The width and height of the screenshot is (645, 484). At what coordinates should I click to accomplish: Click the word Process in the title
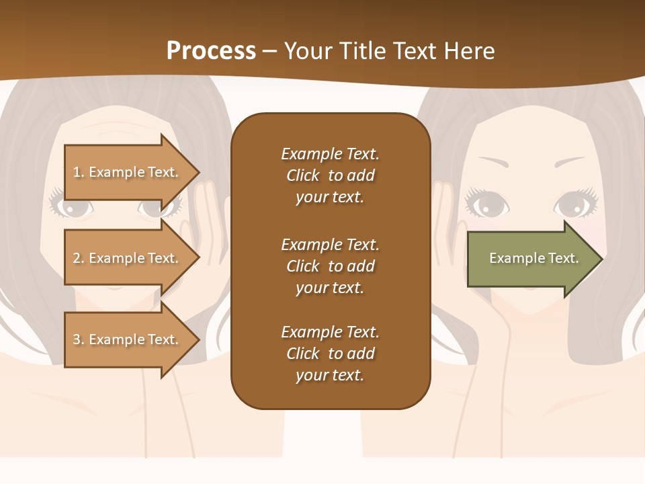(x=211, y=51)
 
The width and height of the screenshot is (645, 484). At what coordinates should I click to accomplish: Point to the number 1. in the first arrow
(x=79, y=172)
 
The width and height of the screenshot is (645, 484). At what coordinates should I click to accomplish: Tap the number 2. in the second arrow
(x=79, y=258)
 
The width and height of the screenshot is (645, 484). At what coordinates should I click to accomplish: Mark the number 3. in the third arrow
(x=79, y=339)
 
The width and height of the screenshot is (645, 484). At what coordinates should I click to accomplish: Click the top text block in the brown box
(x=330, y=175)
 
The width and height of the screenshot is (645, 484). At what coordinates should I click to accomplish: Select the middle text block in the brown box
(x=330, y=266)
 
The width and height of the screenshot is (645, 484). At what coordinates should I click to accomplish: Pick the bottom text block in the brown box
(x=330, y=354)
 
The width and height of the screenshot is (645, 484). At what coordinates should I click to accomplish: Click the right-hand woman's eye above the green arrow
(x=573, y=204)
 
